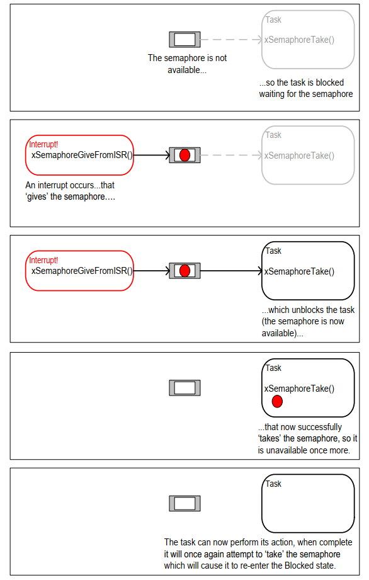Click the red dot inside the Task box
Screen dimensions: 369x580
click(x=277, y=401)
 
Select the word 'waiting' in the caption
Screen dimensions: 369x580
click(x=272, y=94)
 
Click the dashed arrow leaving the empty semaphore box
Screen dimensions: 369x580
click(x=232, y=40)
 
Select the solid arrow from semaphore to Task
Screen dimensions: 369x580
click(x=232, y=271)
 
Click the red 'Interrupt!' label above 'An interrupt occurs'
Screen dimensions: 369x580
click(x=43, y=144)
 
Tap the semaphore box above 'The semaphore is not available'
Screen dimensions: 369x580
click(x=185, y=40)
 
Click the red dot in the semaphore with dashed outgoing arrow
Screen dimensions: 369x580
click(x=185, y=156)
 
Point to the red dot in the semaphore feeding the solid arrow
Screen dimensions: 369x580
click(x=185, y=271)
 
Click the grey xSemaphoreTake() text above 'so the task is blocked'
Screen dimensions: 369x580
click(x=299, y=40)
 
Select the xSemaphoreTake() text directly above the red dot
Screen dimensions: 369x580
click(x=299, y=389)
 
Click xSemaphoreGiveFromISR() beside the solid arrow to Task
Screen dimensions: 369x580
click(x=82, y=271)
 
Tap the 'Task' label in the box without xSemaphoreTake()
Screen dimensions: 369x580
click(x=273, y=484)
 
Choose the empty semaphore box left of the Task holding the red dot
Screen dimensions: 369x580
click(x=185, y=388)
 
